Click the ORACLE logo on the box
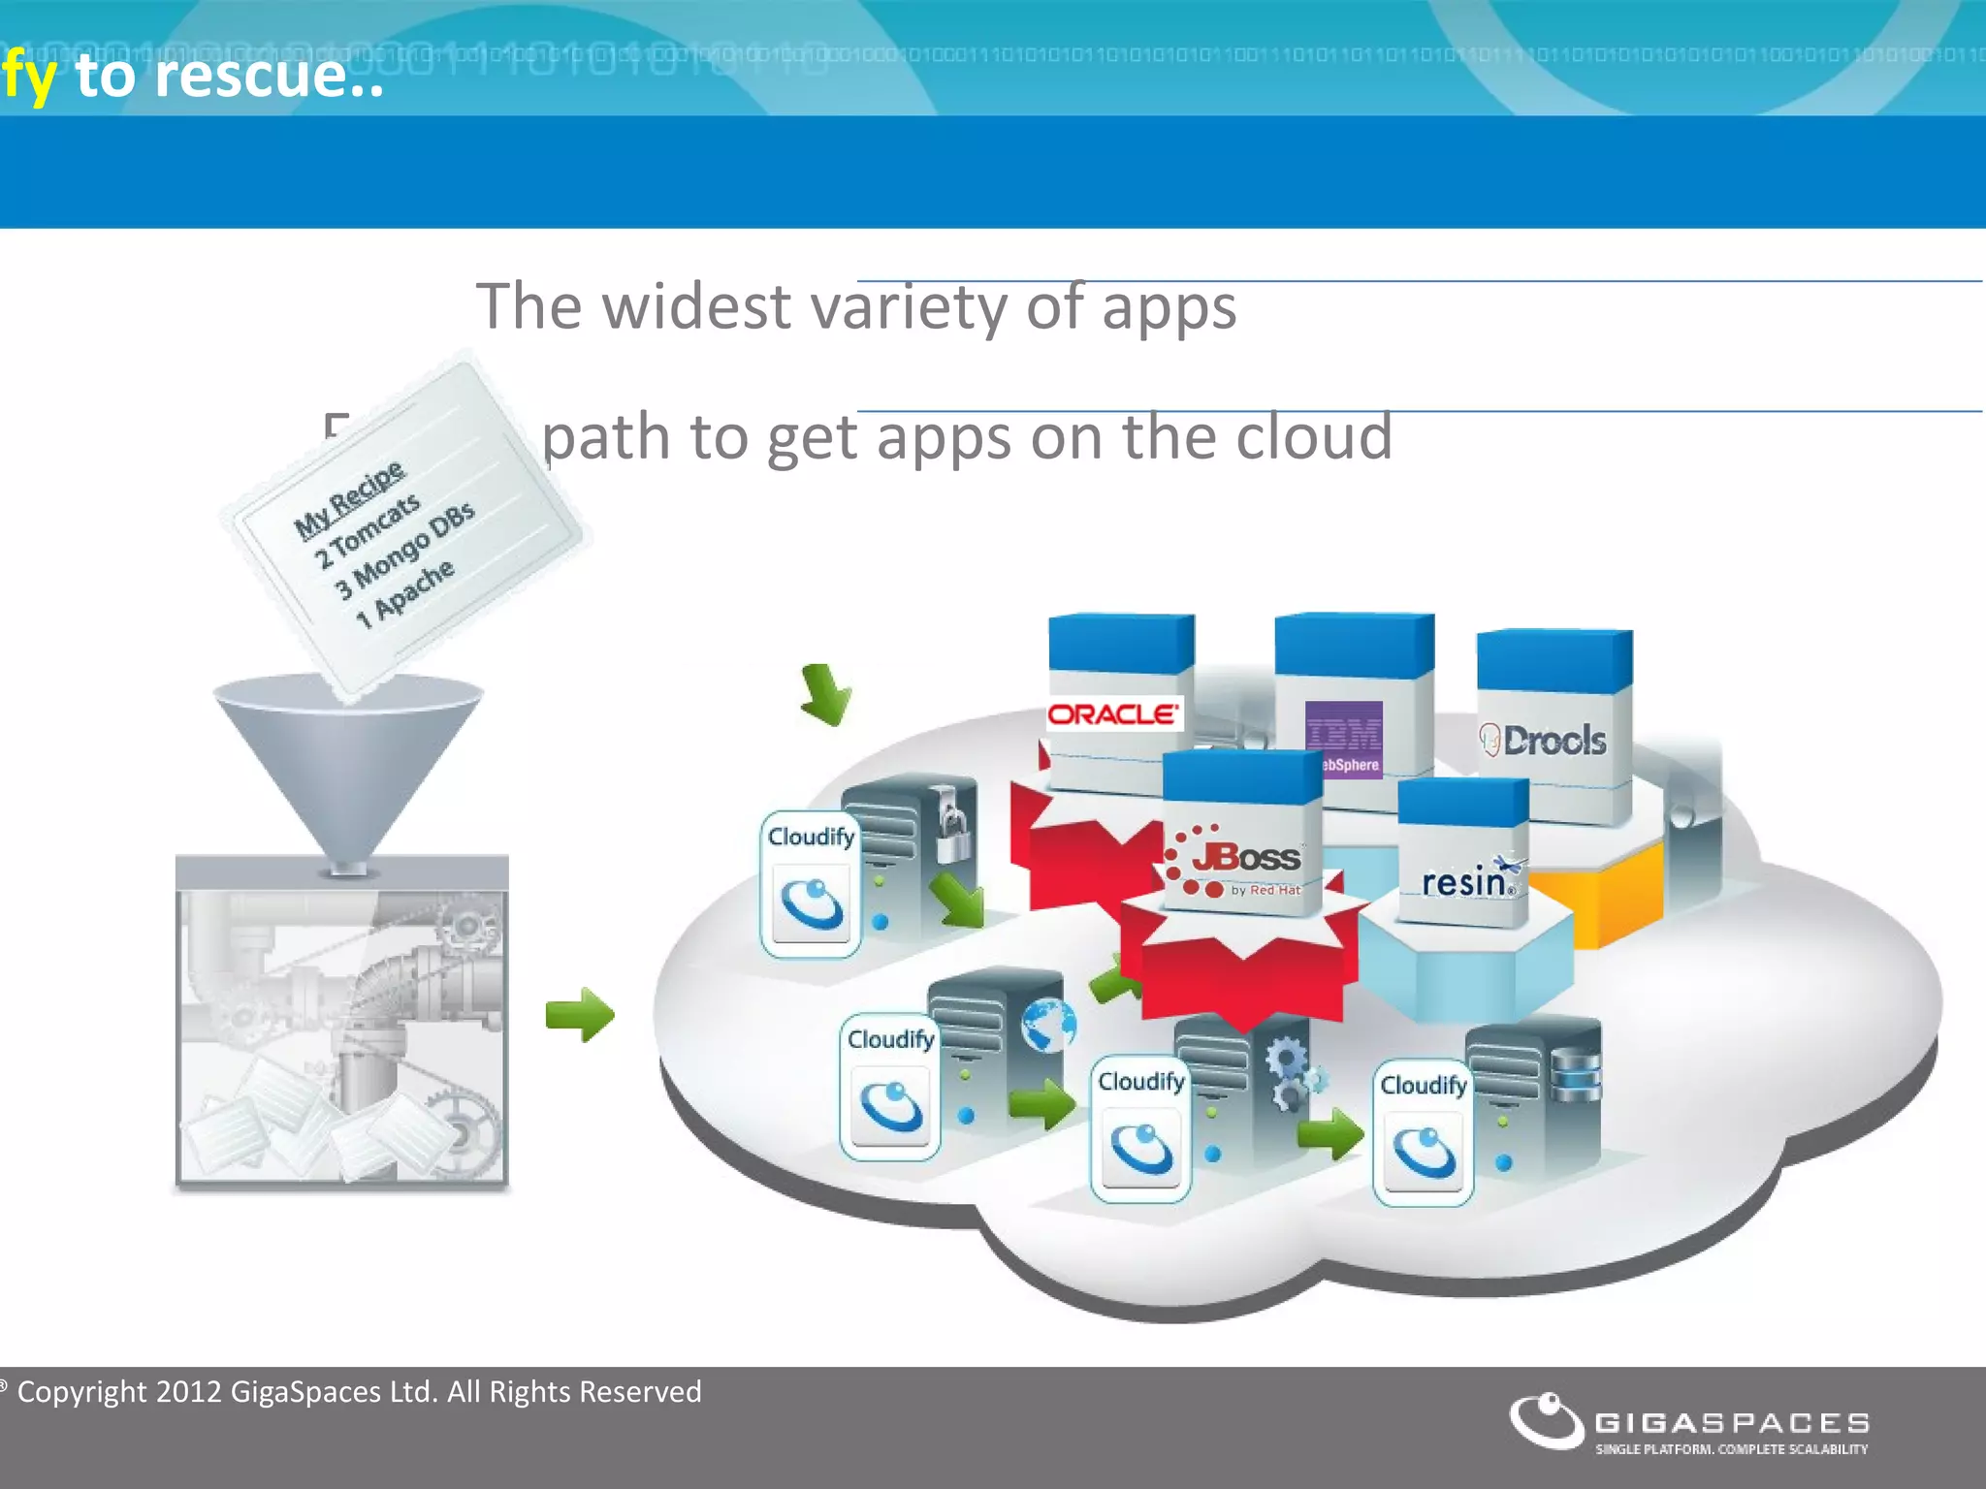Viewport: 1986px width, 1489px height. click(1113, 714)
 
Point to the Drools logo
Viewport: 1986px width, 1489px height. click(1545, 741)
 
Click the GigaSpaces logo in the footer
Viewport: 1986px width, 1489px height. click(1688, 1423)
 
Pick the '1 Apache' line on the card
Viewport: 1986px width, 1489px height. click(404, 594)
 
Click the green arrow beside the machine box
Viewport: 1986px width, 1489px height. click(580, 1015)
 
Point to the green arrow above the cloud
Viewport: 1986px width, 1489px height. click(825, 694)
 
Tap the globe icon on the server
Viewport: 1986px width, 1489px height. click(1048, 1025)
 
